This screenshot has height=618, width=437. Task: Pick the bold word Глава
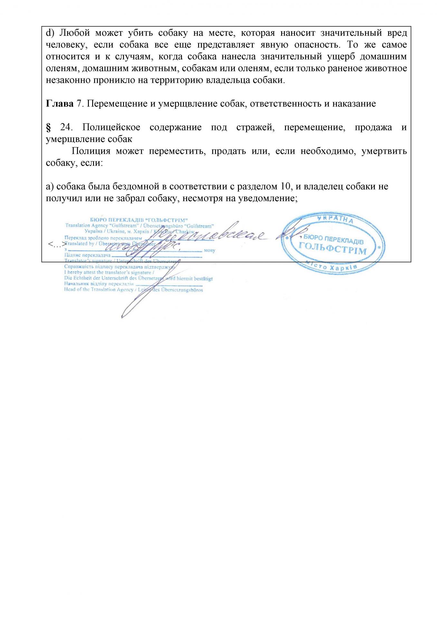(60, 104)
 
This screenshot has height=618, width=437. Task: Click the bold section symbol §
(49, 127)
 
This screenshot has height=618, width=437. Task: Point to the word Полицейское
(111, 127)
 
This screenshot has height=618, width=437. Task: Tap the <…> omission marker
(55, 245)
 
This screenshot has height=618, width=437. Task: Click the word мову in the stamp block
(209, 250)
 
